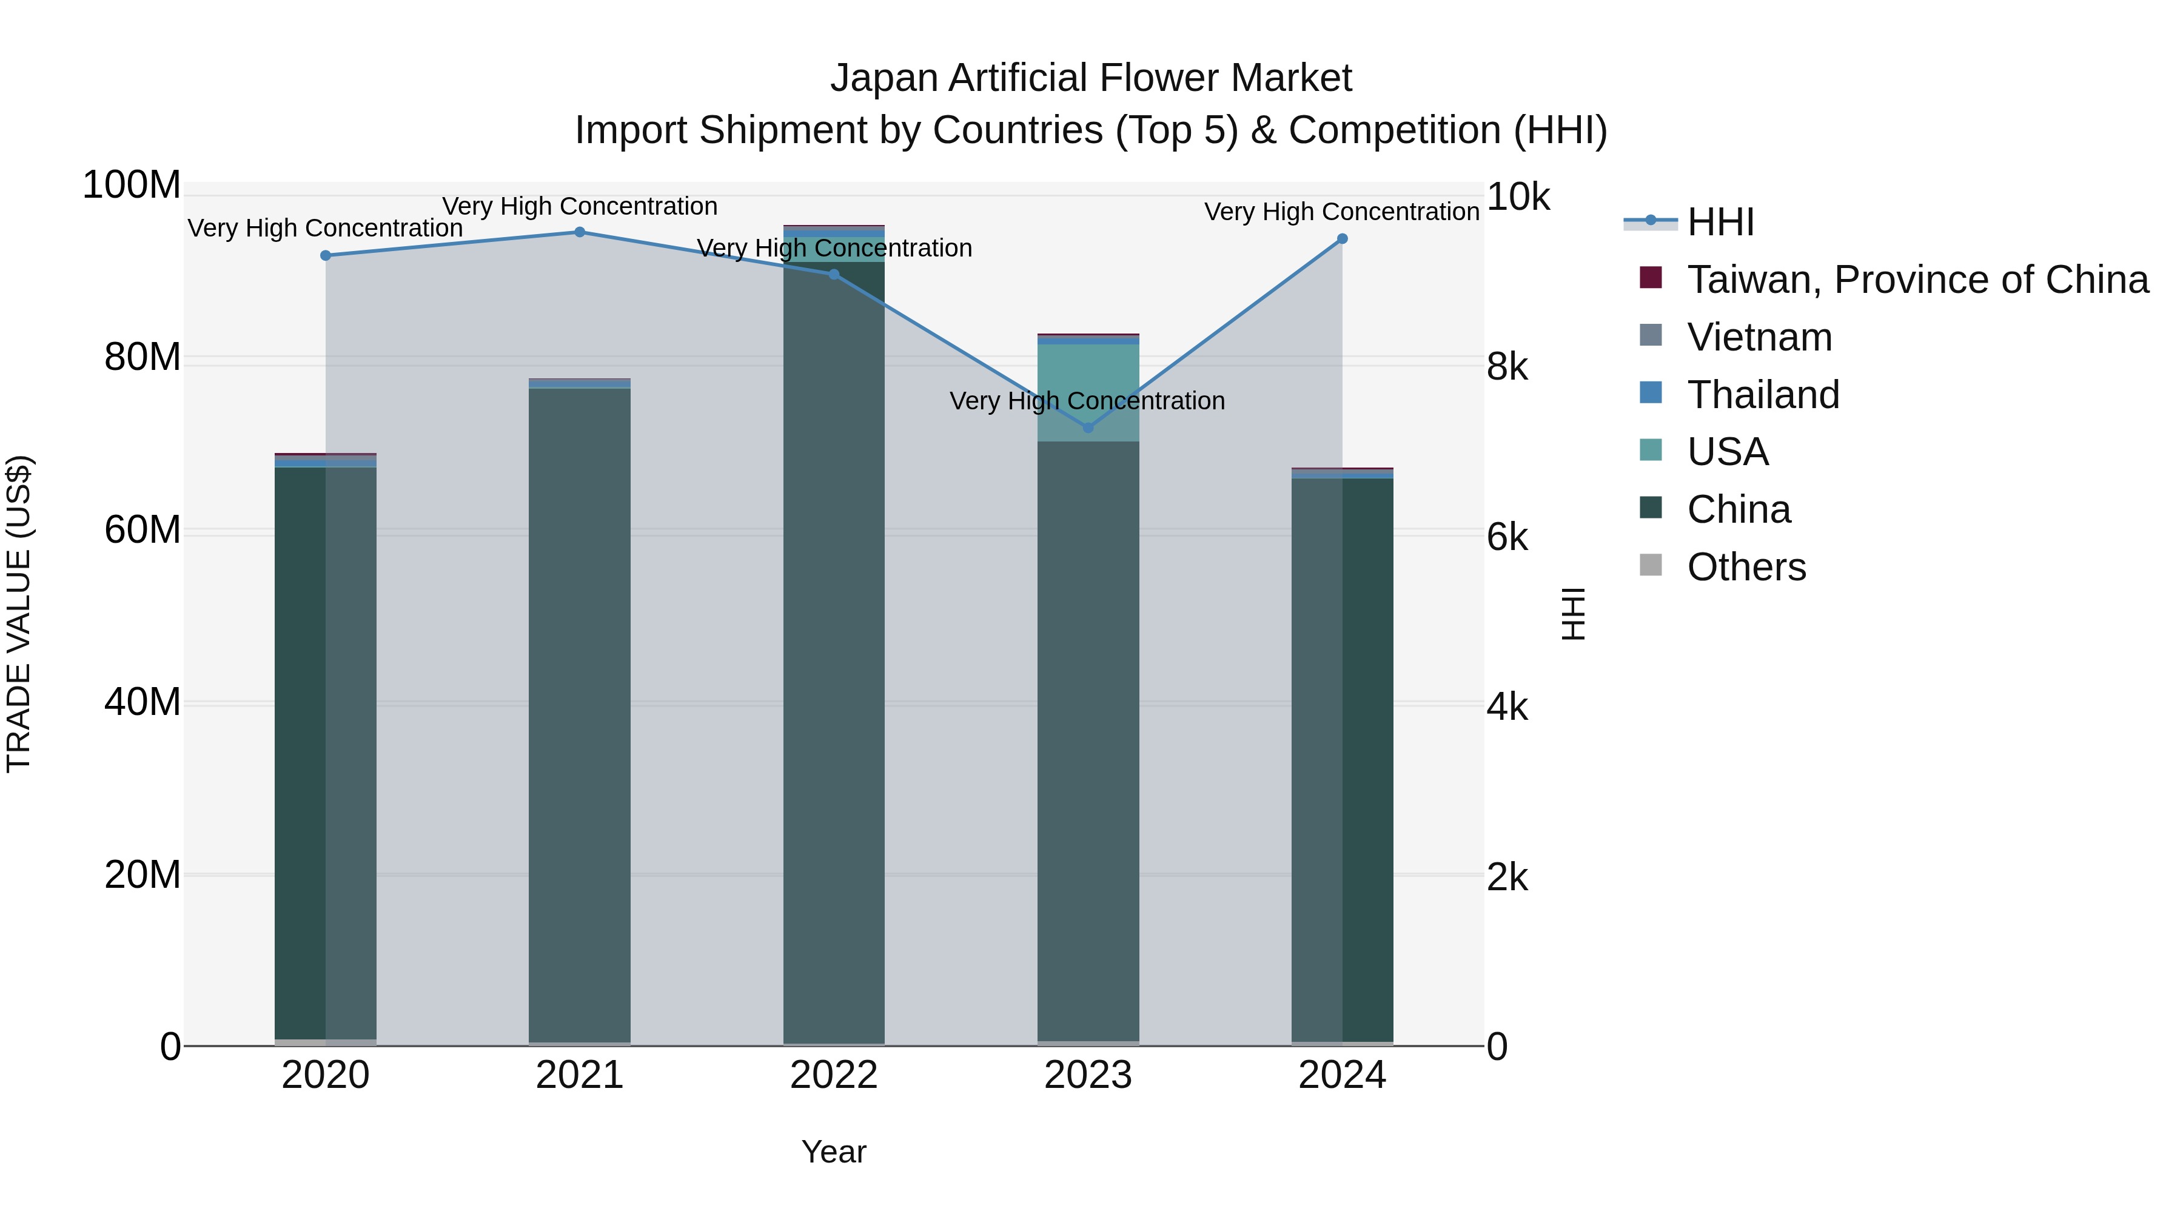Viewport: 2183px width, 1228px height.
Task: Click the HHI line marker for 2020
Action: click(326, 255)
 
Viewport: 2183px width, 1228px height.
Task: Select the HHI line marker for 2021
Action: click(580, 232)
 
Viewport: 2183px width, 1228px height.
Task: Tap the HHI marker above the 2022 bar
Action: click(834, 275)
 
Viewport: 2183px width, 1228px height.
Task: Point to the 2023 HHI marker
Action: click(1088, 428)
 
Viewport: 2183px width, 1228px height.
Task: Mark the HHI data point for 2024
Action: click(1343, 239)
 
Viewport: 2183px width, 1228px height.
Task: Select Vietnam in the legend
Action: click(1759, 337)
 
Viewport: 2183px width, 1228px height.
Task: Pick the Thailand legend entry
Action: click(1763, 395)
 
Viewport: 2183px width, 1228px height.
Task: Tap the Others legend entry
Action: click(1746, 567)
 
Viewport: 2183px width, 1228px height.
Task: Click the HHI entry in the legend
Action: click(1720, 222)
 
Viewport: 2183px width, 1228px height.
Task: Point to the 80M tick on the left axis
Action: click(143, 358)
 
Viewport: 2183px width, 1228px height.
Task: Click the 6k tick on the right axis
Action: click(1507, 537)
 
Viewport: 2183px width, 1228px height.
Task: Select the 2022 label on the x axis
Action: click(834, 1075)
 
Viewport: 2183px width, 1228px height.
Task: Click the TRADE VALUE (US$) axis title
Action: click(19, 614)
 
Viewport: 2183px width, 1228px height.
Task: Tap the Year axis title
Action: click(834, 1152)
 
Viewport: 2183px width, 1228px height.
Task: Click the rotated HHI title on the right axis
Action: click(1573, 614)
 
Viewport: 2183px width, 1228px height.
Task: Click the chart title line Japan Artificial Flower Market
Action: click(1091, 78)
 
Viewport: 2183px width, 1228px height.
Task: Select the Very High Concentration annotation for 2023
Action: click(1087, 401)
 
